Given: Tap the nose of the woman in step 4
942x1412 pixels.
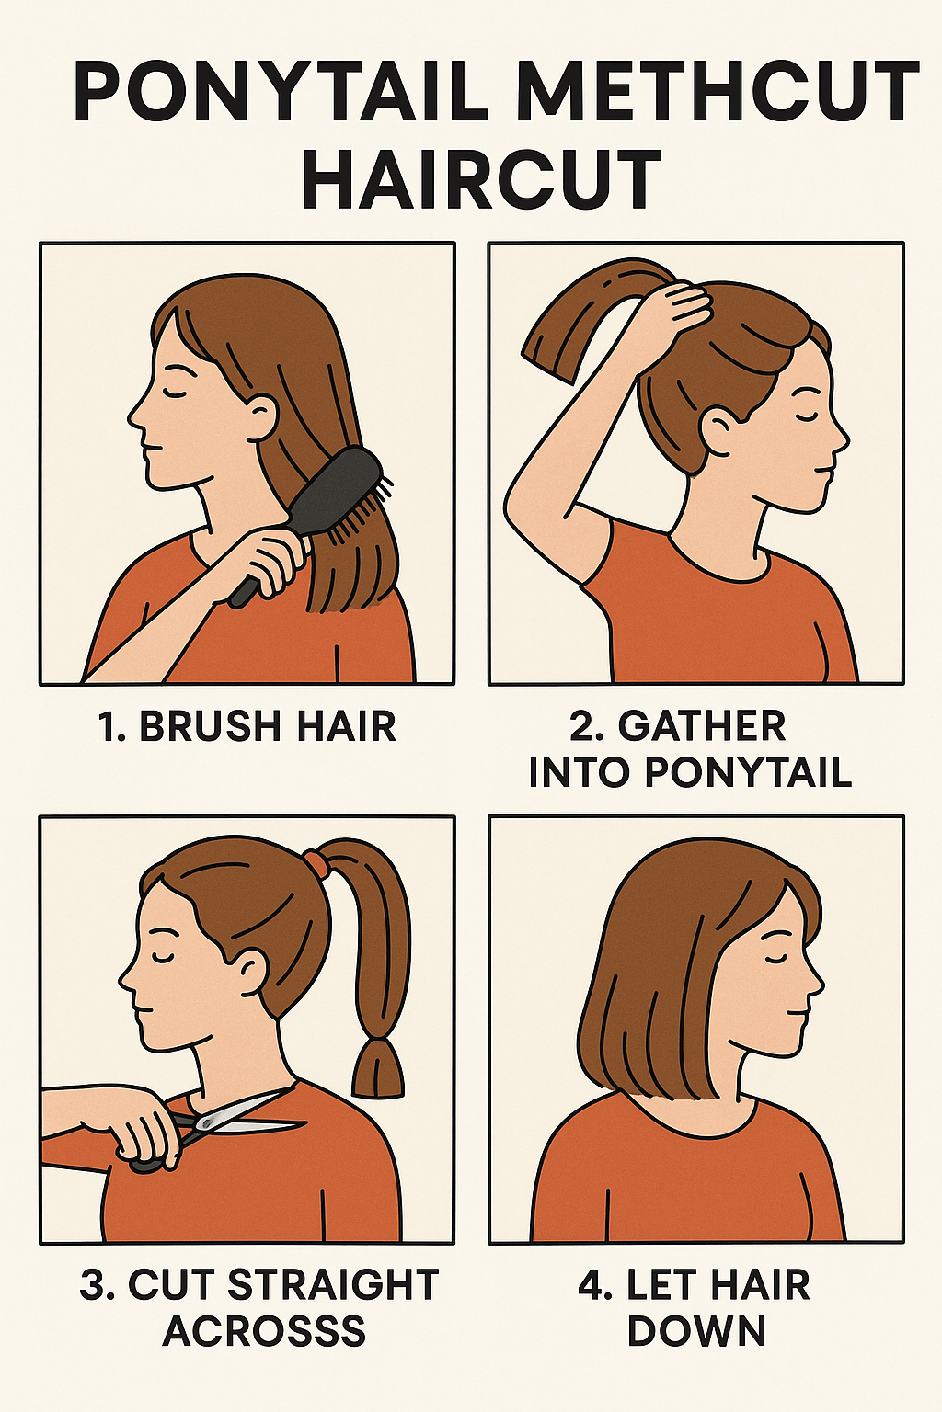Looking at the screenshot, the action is coord(816,980).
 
